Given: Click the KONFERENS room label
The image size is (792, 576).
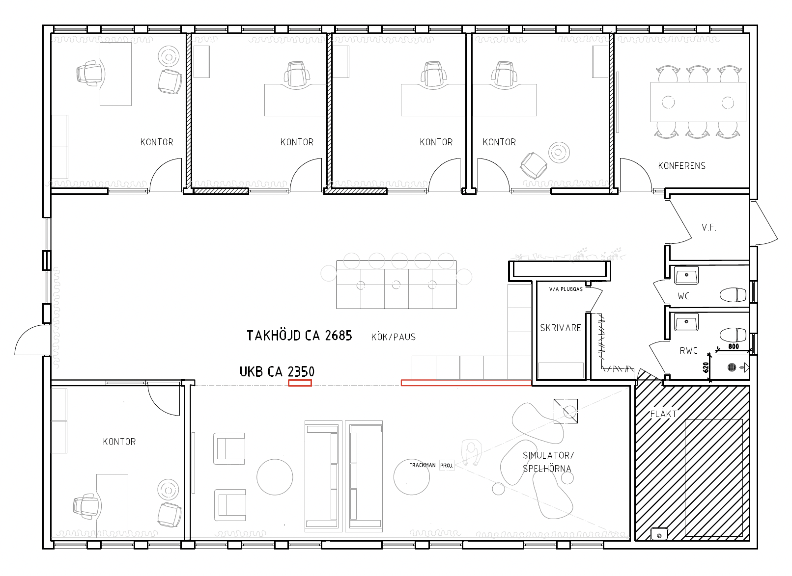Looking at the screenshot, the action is [x=681, y=166].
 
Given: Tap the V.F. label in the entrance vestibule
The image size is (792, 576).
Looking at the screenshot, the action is [x=709, y=228].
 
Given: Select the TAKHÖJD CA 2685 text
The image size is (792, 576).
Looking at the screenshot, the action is [x=299, y=336].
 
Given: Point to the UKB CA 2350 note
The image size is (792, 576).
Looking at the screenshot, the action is [x=277, y=371].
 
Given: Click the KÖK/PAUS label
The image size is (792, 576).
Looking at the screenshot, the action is [x=393, y=337].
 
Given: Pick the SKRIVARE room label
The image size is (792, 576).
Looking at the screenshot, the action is [x=561, y=328].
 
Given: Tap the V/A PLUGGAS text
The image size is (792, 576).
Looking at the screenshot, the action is [x=566, y=289].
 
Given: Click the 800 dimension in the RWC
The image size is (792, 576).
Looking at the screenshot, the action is [x=734, y=346].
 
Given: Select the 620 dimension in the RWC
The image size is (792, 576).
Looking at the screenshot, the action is [x=706, y=367].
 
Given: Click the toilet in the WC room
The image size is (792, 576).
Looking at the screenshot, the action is [x=733, y=295].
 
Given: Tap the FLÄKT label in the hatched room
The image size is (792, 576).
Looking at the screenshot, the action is [x=663, y=414].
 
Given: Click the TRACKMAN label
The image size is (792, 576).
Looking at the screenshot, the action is [x=422, y=465].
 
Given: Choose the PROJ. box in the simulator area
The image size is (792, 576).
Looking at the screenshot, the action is [x=447, y=466].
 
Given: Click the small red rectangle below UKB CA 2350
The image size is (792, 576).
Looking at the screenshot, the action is [x=300, y=383].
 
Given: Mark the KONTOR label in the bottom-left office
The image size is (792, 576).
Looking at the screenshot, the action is [x=119, y=442].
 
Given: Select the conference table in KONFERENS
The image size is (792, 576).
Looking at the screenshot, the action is [x=698, y=102].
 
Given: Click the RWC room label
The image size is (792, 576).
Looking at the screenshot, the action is [x=688, y=351].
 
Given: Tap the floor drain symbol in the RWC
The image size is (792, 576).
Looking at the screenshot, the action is [x=732, y=367].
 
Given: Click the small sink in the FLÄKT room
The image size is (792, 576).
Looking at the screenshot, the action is [x=659, y=534].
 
